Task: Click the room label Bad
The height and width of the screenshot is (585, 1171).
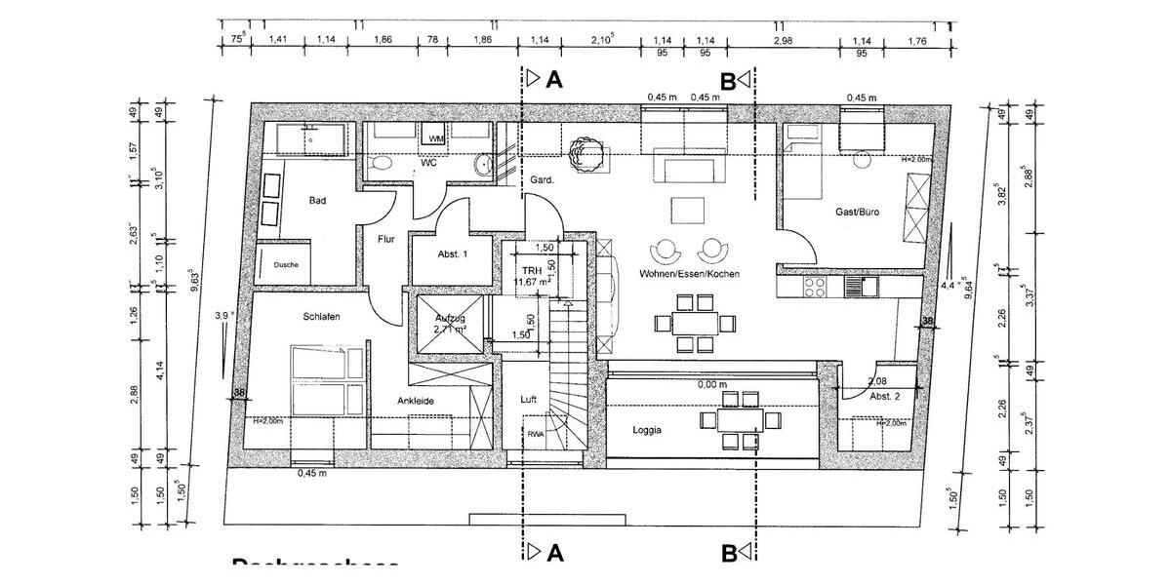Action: tap(317, 201)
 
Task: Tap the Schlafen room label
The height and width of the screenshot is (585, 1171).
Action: tap(321, 317)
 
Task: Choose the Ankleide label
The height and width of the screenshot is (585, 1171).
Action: tap(416, 401)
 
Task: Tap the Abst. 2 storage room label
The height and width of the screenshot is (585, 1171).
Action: tap(884, 397)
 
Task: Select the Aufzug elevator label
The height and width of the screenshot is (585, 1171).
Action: tap(450, 319)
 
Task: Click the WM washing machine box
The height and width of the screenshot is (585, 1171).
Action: tap(436, 140)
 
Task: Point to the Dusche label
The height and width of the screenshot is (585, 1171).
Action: tap(286, 265)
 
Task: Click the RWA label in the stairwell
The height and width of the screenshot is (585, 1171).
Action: tap(536, 435)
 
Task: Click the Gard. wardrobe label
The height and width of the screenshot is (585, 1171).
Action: tap(542, 180)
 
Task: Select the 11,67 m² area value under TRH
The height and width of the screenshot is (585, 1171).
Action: tap(533, 283)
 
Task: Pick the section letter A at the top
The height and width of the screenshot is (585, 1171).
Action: tap(553, 80)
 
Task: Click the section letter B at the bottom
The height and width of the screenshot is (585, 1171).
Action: tap(728, 554)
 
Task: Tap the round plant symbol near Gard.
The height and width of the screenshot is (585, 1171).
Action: tap(585, 152)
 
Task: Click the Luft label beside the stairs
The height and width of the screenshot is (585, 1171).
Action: tap(529, 399)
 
